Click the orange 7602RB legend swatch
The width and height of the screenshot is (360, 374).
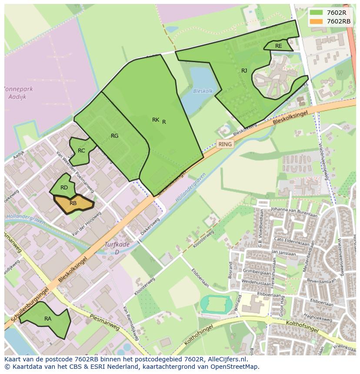coord(316,21)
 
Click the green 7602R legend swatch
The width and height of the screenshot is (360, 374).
coord(316,13)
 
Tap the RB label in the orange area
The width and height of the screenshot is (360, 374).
coord(73,203)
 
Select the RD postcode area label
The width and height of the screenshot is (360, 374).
coord(64,188)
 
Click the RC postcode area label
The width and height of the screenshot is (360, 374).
coord(81,151)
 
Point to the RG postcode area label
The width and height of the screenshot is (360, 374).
coord(114,136)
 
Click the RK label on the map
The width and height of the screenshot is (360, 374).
coord(155,120)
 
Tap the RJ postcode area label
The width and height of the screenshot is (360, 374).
coord(244,70)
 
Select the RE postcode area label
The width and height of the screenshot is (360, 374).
coord(278,46)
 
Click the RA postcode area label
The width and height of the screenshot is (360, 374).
coord(48,319)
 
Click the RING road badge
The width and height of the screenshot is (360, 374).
coord(225,144)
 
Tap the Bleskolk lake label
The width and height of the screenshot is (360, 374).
coord(203,92)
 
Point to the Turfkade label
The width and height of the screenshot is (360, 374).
coord(117,245)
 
